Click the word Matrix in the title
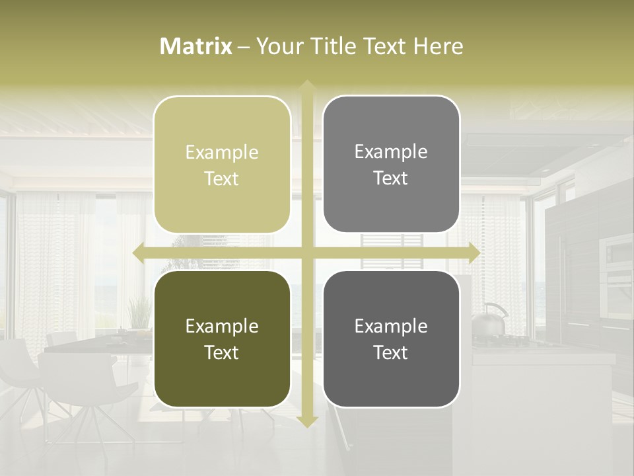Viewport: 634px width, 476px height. pos(196,46)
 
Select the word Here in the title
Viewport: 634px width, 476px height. pos(438,46)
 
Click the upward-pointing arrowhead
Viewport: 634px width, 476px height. pos(306,86)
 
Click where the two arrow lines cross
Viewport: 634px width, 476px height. pos(306,253)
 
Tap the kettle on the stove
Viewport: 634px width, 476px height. pos(489,320)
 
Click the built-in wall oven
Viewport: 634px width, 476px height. pos(616,264)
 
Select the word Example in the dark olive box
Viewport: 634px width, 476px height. pos(222,326)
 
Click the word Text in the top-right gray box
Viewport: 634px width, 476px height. pos(391,178)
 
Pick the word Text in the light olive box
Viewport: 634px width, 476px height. pos(222,178)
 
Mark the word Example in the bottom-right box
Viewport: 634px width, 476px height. pos(391,326)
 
